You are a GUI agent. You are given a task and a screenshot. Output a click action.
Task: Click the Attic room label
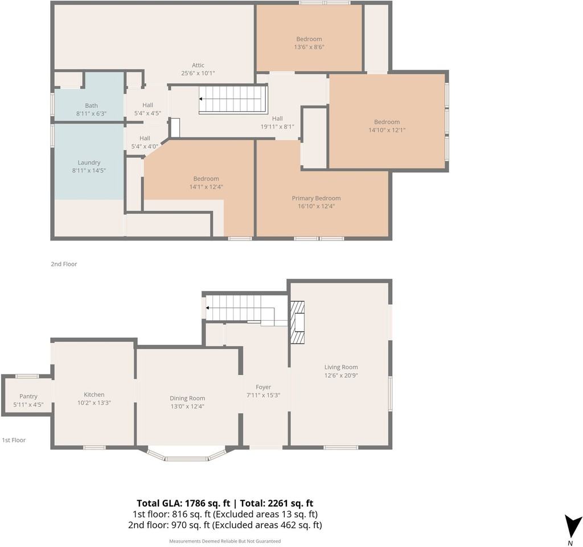(198, 65)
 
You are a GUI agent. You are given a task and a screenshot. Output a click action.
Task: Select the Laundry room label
(89, 162)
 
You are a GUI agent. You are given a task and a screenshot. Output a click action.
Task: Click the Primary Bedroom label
(316, 198)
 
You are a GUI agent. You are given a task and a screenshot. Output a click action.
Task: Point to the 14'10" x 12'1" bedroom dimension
(387, 130)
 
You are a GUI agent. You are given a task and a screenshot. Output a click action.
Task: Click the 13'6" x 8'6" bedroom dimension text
(309, 47)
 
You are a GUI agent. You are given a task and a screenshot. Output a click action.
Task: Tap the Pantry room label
(28, 397)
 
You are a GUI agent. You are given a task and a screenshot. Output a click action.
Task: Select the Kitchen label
(94, 394)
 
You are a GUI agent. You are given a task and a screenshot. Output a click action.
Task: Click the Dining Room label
(187, 398)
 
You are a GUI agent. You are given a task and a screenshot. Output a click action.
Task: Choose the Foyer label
(263, 387)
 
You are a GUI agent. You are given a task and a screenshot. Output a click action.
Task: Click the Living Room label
(341, 368)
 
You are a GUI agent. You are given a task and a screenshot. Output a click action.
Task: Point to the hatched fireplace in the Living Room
(297, 322)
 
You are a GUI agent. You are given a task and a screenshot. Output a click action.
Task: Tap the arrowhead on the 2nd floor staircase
(201, 99)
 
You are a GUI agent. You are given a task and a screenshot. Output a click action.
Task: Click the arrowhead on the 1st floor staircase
(207, 308)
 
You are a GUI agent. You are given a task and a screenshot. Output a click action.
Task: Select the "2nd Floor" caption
(64, 264)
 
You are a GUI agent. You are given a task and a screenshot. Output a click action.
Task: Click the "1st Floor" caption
(14, 440)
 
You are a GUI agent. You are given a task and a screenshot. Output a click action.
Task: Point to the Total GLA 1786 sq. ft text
(184, 504)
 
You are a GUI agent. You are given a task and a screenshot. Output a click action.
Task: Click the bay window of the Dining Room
(186, 455)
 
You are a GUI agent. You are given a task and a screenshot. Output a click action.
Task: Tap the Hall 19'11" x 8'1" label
(277, 123)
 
